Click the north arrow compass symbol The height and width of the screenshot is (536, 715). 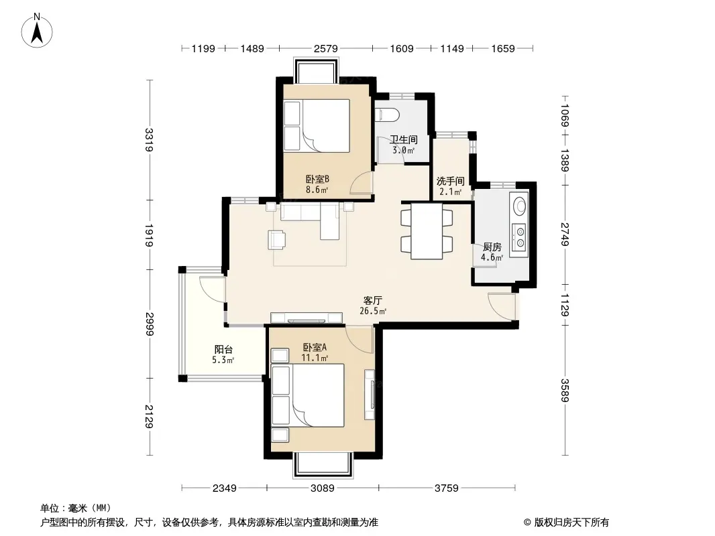point(37,31)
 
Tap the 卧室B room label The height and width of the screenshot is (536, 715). point(317,180)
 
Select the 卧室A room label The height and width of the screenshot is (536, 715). point(315,348)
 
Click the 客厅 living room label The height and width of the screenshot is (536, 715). point(372,301)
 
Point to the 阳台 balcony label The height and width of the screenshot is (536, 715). point(223,349)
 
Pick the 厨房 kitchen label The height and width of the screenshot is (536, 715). point(492,247)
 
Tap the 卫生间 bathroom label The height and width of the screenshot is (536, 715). point(404,139)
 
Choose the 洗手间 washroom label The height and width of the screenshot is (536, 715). point(450,182)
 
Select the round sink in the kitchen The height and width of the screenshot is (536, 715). point(519,206)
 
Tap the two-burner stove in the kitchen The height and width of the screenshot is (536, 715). point(519,237)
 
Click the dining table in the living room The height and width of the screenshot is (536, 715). point(427,231)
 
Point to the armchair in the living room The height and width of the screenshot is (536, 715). point(277,240)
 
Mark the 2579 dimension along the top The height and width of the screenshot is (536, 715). point(325,48)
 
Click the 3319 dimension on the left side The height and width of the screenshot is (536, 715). point(149,140)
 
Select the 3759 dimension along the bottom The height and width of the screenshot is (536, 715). point(447,488)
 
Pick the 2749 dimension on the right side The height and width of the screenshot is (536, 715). point(565,234)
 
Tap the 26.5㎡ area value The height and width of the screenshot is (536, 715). point(372,312)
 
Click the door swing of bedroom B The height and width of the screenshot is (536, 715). point(362,183)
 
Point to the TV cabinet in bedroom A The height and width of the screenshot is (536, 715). point(370,395)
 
